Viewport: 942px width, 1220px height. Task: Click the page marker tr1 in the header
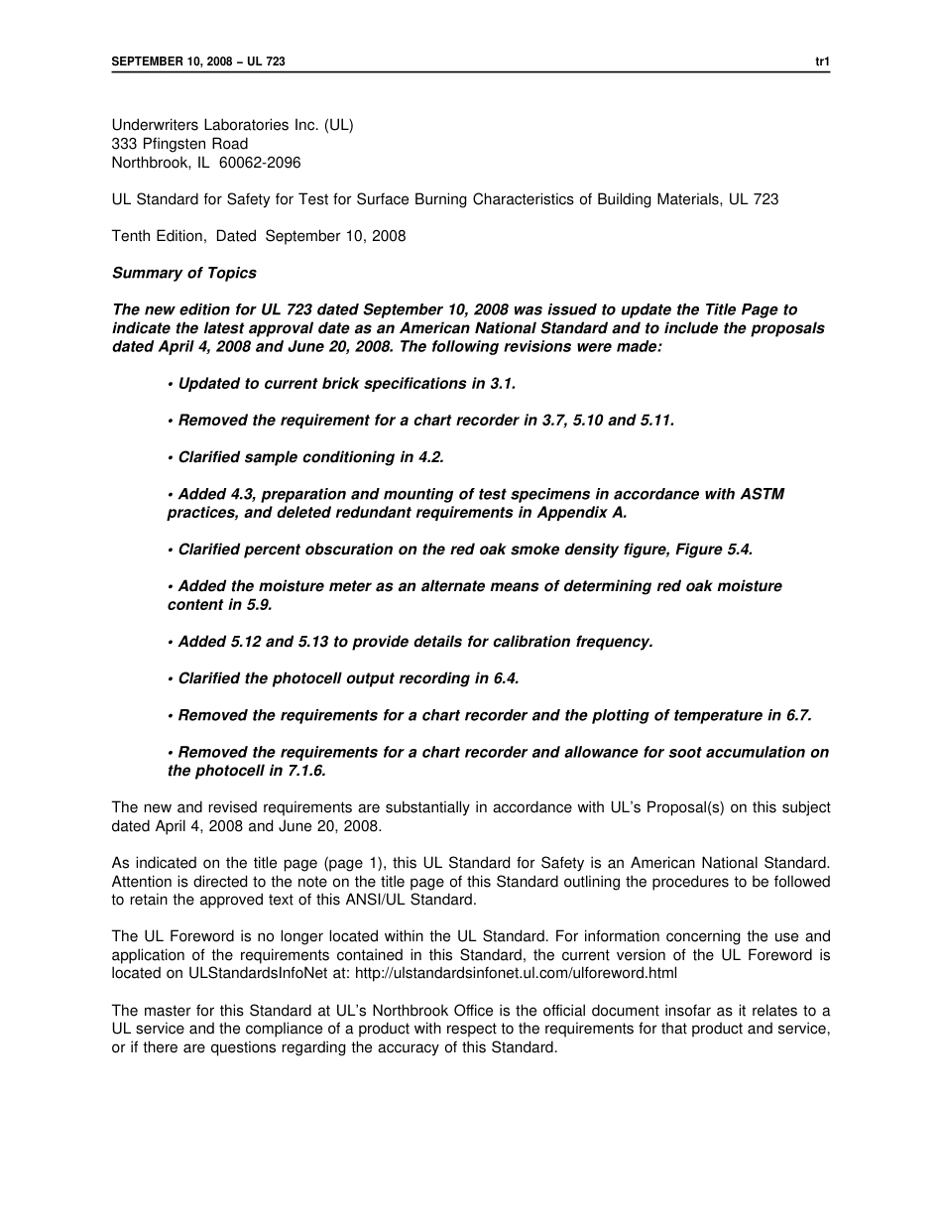tap(822, 61)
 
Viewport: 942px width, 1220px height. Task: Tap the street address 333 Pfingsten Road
tap(179, 144)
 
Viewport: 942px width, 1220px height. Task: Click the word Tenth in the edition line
tap(131, 236)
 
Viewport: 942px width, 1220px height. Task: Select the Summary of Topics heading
tap(183, 273)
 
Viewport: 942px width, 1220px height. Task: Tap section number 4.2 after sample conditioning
tap(429, 457)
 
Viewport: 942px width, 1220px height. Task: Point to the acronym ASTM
tap(763, 494)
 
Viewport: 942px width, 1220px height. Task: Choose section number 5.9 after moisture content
tap(256, 604)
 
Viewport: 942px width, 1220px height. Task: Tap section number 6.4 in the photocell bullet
tap(504, 678)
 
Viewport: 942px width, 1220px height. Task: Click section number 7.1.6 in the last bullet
tap(303, 771)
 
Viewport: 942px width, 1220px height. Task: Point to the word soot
tap(661, 752)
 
